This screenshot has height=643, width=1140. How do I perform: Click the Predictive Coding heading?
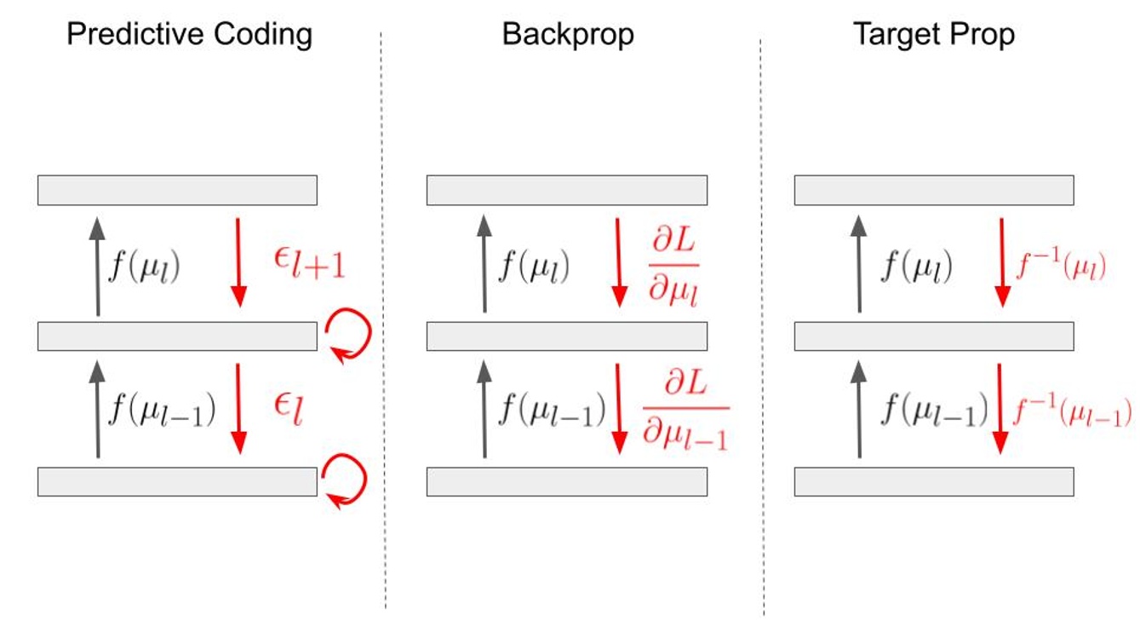(x=189, y=35)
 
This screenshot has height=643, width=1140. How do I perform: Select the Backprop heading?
(x=568, y=35)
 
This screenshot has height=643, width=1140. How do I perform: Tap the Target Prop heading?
(x=934, y=35)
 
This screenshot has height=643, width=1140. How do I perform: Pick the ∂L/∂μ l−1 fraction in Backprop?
(x=685, y=411)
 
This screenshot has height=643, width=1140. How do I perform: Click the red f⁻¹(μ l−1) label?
(x=1072, y=413)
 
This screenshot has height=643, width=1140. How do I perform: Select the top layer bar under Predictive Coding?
(x=177, y=190)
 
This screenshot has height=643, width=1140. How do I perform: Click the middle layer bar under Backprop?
(x=566, y=336)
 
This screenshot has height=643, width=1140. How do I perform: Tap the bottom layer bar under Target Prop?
(x=934, y=482)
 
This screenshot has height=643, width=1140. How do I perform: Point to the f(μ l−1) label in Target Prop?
(x=933, y=410)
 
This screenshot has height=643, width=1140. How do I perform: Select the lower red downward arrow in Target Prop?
(x=1001, y=409)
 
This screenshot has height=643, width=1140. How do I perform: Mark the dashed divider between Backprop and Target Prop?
(x=762, y=324)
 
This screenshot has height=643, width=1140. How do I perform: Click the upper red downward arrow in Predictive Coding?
(x=238, y=262)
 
